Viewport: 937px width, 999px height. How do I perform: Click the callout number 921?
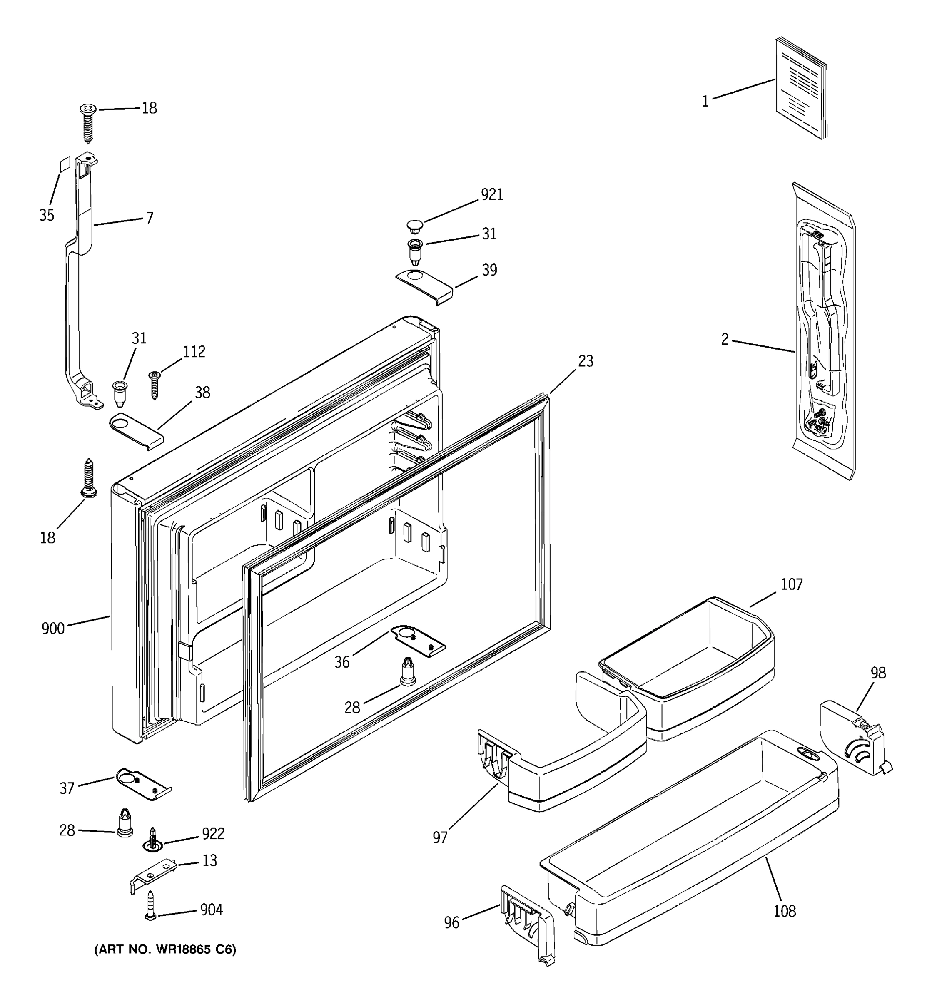tap(492, 194)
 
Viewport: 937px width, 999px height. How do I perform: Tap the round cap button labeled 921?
tap(415, 226)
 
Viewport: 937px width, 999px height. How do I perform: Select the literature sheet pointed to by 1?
tap(801, 88)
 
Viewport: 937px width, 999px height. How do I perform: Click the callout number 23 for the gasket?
tap(585, 361)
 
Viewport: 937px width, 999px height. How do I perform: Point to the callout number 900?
tap(53, 629)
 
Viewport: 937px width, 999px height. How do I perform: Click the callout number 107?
tap(791, 584)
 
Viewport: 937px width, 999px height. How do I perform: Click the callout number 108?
tap(784, 911)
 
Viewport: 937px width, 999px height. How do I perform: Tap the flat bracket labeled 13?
tap(153, 875)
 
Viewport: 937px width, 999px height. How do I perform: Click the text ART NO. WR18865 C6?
tap(165, 950)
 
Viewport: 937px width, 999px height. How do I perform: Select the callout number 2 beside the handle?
tap(724, 339)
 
